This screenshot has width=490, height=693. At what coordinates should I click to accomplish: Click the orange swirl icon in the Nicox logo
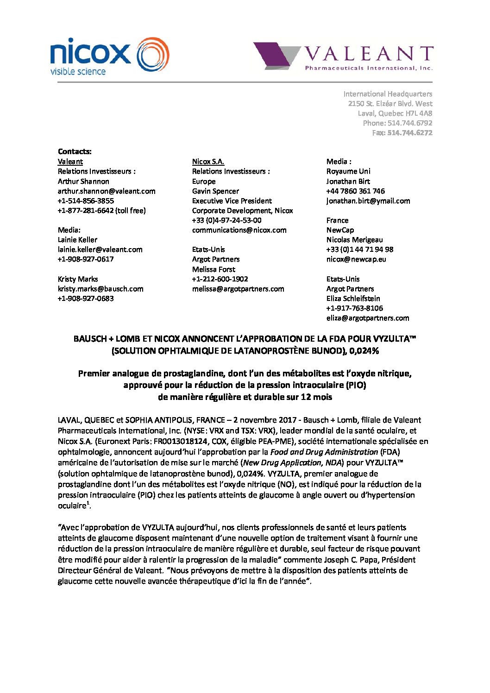click(x=153, y=55)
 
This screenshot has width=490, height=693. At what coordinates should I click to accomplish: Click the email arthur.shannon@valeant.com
click(x=107, y=191)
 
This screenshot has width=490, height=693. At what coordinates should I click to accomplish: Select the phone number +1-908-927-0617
click(x=86, y=259)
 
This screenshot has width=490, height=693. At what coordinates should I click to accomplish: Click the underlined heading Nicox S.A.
click(x=208, y=162)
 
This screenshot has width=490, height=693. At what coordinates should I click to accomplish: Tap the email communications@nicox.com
click(x=239, y=230)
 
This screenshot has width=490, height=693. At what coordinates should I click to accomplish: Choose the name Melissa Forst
click(x=214, y=269)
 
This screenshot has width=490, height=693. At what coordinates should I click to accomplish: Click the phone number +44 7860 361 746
click(x=355, y=191)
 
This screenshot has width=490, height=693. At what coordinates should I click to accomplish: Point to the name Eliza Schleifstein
click(x=353, y=299)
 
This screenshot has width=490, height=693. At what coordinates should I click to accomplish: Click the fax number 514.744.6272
click(x=409, y=133)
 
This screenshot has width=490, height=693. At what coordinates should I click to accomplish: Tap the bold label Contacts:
click(x=75, y=151)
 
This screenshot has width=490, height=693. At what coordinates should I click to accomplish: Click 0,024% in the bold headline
click(x=364, y=351)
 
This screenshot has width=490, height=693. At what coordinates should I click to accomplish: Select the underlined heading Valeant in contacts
click(x=70, y=162)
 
